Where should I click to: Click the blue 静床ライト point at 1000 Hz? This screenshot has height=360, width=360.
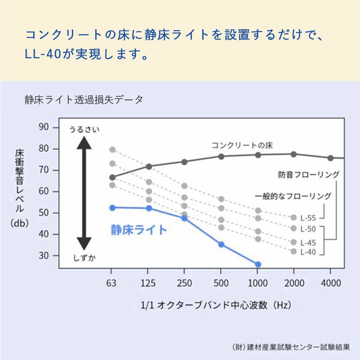click(258, 265)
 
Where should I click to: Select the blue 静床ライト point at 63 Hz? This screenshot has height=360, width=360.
click(112, 207)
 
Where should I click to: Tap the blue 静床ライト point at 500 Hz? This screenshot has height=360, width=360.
click(221, 244)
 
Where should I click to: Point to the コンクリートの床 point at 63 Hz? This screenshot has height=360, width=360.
click(112, 177)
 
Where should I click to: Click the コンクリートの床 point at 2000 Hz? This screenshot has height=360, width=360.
click(293, 154)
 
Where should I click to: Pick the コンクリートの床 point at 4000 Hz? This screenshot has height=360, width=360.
click(330, 158)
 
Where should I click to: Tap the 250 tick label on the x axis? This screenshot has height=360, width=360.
click(184, 283)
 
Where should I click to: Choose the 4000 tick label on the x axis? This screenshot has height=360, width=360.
click(330, 283)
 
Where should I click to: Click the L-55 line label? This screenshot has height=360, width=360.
click(308, 218)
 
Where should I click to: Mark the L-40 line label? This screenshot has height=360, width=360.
click(308, 252)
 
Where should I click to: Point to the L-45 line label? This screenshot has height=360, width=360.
click(308, 242)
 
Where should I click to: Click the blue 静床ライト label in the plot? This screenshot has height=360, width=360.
click(138, 230)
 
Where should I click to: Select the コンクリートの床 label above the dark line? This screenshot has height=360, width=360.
click(242, 145)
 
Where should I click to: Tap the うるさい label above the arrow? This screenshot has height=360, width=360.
click(84, 130)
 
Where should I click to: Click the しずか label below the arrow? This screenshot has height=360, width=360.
click(84, 258)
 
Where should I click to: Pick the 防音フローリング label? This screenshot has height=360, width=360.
click(308, 175)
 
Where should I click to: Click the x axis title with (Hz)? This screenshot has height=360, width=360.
click(216, 305)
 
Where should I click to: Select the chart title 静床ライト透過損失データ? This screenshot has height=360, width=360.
click(84, 100)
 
